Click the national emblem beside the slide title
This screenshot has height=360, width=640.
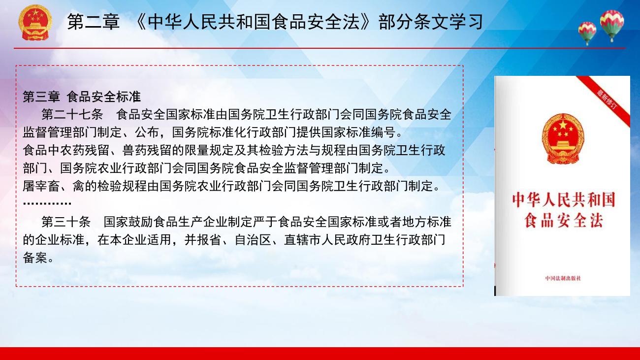(x=35, y=22)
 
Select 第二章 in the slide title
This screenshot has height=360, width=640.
(x=94, y=22)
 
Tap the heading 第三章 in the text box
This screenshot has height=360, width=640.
(x=41, y=97)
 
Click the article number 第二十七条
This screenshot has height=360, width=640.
(x=72, y=115)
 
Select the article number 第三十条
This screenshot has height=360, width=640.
(x=66, y=222)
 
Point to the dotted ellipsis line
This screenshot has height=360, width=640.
(x=47, y=203)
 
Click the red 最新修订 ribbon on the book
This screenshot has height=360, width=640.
(x=606, y=99)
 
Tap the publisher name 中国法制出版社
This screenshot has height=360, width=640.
(x=563, y=278)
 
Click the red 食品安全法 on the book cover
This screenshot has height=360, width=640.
(x=563, y=221)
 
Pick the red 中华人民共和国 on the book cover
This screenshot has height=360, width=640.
(x=563, y=199)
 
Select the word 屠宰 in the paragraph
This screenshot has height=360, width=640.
(x=35, y=186)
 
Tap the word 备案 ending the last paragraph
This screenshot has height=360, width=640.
(x=35, y=258)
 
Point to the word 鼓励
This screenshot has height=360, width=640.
(x=141, y=222)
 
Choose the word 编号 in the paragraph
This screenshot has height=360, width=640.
(x=384, y=132)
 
